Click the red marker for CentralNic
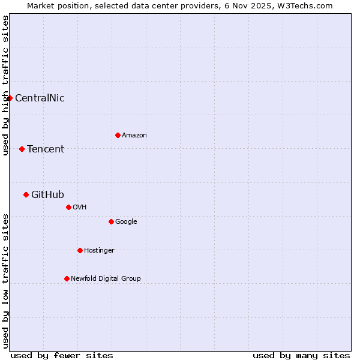tap(10, 98)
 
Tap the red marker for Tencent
tap(22, 149)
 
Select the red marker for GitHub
tap(26, 194)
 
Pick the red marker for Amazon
tap(118, 135)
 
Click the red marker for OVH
tap(68, 207)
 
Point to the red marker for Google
tap(111, 221)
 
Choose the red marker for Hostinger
tap(80, 250)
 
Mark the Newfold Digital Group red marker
tap(67, 278)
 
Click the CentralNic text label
tap(40, 98)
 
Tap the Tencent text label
tap(46, 149)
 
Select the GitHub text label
tap(47, 195)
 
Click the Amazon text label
tap(134, 136)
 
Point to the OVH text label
tap(80, 208)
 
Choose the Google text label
tap(126, 222)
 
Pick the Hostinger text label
tap(99, 251)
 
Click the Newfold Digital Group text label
tap(106, 279)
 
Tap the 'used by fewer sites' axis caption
tap(62, 355)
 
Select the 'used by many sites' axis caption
tap(301, 355)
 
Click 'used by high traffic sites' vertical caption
tap(5, 86)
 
